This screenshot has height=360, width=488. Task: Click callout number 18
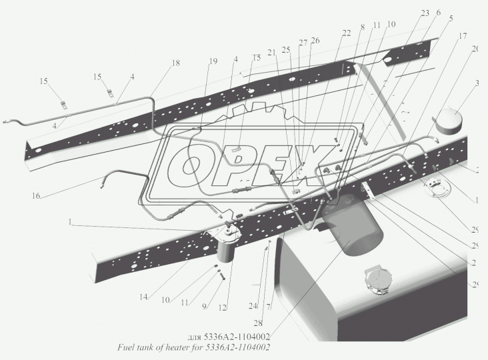pyautogui.click(x=175, y=63)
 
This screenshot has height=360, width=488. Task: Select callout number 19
pyautogui.click(x=212, y=61)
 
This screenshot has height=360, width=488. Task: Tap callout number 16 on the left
pyautogui.click(x=35, y=196)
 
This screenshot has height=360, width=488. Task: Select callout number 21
pyautogui.click(x=271, y=53)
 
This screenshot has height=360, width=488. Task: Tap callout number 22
pyautogui.click(x=346, y=33)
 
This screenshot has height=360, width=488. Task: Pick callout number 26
pyautogui.click(x=315, y=41)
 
